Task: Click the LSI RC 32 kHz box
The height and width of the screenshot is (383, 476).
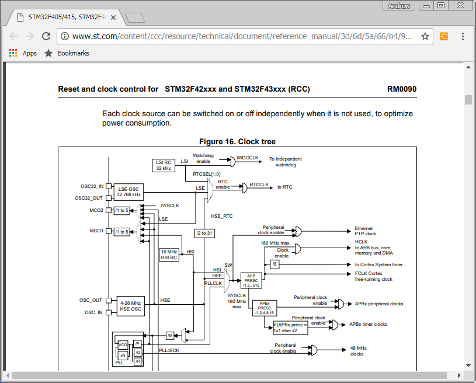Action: pos(164,165)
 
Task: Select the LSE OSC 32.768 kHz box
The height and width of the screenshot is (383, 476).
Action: pos(128,191)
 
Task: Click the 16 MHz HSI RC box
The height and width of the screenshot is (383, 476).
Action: pos(169,255)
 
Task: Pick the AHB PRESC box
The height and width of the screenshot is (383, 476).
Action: pos(251,280)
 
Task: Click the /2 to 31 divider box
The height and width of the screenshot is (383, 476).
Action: pos(205,233)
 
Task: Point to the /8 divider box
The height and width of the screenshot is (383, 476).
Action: pos(275,264)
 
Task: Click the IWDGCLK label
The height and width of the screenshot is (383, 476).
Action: pos(247,158)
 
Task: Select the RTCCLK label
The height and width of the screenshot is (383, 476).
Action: pos(259,185)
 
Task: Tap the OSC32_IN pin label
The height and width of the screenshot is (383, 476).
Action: pos(92,186)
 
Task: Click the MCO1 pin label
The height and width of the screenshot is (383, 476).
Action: pos(96,231)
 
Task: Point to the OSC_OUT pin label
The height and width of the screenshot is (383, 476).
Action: pos(91,300)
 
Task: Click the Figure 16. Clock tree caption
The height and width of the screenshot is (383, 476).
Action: pos(237,142)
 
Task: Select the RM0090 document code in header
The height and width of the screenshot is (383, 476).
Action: pos(401,89)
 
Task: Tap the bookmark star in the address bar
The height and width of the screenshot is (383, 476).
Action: pos(425,36)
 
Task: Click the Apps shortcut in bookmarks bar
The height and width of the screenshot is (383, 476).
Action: pos(23,53)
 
